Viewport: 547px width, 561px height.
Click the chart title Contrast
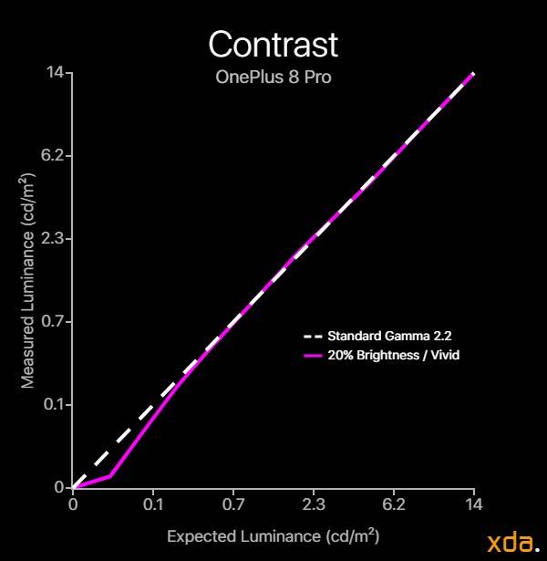tap(273, 45)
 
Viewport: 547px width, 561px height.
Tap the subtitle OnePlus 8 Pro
tap(273, 77)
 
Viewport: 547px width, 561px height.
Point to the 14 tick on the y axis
tap(55, 73)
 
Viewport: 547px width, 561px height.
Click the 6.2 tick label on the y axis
tap(52, 156)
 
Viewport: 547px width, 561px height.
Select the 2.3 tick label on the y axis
tap(52, 238)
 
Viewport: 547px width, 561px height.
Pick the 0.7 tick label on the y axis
tap(53, 321)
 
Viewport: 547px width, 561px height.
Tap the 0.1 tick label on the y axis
tap(54, 404)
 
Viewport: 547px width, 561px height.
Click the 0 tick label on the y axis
tap(59, 487)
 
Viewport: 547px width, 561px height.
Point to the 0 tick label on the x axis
tap(73, 504)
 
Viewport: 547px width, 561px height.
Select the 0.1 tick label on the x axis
tap(153, 504)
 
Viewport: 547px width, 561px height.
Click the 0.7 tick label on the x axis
tap(233, 504)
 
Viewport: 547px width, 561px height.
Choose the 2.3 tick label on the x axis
tap(314, 504)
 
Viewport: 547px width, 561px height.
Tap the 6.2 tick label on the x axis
tap(394, 504)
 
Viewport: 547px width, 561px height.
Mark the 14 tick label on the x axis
tap(474, 504)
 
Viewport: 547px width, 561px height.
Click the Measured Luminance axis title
tap(28, 281)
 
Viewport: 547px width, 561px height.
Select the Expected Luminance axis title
tap(273, 536)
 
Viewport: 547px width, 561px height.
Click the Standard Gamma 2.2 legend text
tap(389, 336)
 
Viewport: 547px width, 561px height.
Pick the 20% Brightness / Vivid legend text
tap(394, 355)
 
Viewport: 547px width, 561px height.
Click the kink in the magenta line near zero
tap(110, 476)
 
